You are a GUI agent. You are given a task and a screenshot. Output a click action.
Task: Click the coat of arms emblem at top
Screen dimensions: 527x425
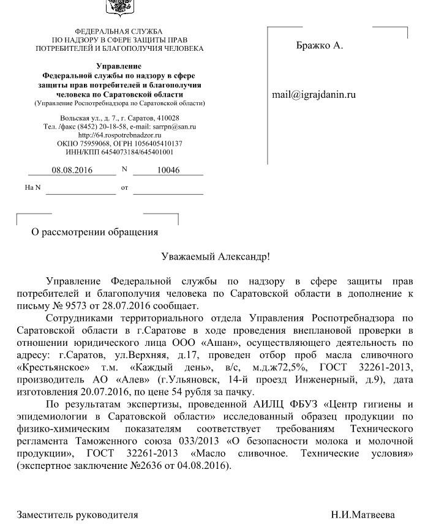(x=119, y=7)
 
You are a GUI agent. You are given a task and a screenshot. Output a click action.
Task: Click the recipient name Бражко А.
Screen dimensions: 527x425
(x=319, y=46)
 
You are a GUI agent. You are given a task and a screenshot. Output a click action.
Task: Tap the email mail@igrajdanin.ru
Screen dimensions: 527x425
(x=314, y=95)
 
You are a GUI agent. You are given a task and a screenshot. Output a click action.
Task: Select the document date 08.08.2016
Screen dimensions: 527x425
(x=72, y=170)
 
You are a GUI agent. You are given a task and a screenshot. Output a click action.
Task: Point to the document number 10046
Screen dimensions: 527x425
(x=168, y=170)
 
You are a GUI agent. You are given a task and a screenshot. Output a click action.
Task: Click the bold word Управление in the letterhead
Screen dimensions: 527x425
(x=119, y=66)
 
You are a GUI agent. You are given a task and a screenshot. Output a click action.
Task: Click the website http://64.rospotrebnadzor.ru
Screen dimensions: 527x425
(x=119, y=135)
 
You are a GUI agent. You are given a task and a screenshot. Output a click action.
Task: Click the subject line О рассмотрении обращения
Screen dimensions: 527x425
(x=95, y=232)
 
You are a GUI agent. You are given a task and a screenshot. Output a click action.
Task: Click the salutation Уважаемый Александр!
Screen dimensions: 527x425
(x=215, y=257)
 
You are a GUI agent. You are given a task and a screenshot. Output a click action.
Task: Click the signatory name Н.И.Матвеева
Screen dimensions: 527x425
(x=363, y=515)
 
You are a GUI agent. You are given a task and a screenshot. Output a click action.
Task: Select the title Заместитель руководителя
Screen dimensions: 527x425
(x=77, y=515)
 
